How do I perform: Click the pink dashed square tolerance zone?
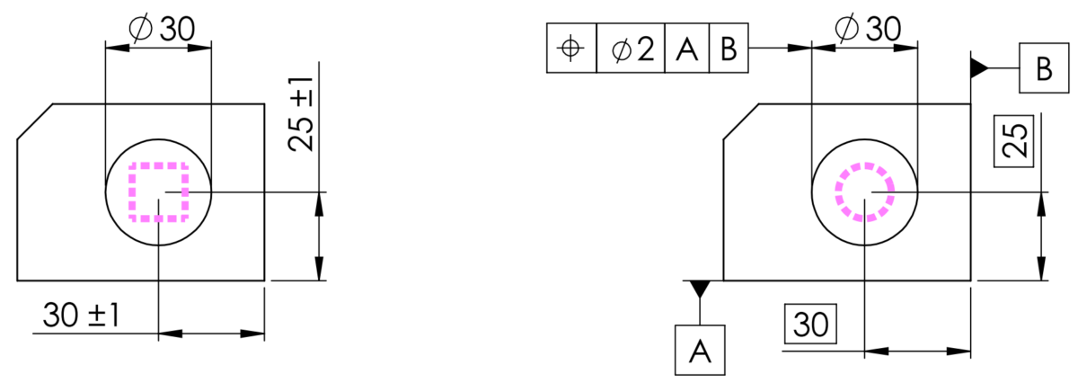coord(129,192)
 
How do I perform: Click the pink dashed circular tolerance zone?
coord(837,192)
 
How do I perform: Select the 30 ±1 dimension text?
coord(81,316)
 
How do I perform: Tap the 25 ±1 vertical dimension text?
coord(301,115)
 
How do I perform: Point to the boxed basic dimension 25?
coord(1014,141)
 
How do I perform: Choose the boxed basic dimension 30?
coord(810,324)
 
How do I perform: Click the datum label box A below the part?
coord(700,351)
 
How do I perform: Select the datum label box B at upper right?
coord(1044,68)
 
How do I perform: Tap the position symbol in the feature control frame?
coord(570,49)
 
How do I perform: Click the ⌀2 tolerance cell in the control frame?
coord(631,49)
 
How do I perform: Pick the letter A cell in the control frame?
coord(686,49)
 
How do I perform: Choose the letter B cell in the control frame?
coord(729,49)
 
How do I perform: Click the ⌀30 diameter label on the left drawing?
coord(162,29)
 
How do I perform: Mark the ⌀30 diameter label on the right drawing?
coord(868,28)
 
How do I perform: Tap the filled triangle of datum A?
coord(700,289)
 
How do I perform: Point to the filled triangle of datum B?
coord(979,68)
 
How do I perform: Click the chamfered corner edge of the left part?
coord(35,121)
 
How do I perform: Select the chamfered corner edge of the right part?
coord(741,121)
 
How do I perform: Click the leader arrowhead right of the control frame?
coord(800,49)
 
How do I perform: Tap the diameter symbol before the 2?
coord(622,50)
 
